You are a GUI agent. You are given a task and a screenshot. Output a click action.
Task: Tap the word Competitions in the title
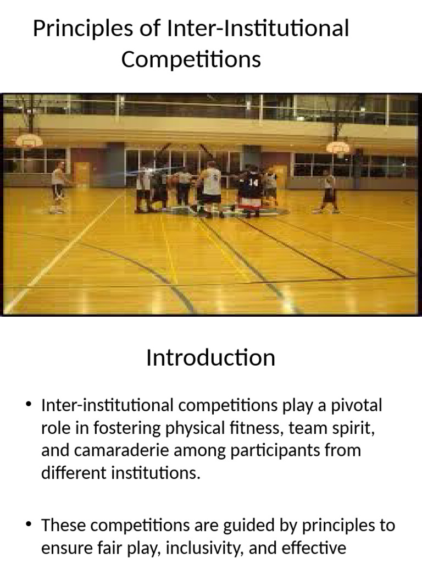(x=191, y=59)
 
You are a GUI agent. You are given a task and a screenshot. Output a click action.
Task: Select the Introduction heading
(x=210, y=358)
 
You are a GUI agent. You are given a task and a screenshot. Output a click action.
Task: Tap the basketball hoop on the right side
(x=337, y=147)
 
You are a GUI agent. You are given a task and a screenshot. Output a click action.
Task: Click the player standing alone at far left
(x=58, y=187)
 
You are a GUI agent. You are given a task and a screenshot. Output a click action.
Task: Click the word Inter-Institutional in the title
(x=258, y=29)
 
